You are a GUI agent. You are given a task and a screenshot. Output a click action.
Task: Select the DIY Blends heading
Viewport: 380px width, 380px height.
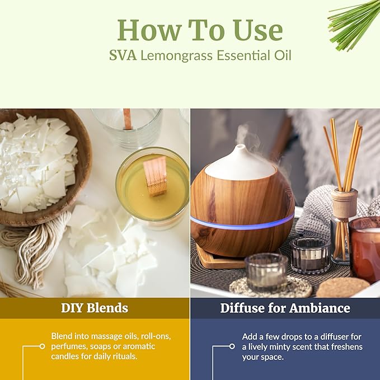point(95,308)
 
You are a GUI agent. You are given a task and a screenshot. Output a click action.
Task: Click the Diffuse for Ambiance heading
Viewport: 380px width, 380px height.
point(285,308)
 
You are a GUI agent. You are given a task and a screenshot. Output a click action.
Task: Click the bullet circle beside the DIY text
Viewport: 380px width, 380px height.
point(42,346)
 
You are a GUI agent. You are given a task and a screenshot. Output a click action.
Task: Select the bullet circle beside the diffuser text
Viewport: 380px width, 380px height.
point(232,346)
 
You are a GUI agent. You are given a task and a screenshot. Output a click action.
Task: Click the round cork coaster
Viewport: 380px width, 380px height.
point(343,287)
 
